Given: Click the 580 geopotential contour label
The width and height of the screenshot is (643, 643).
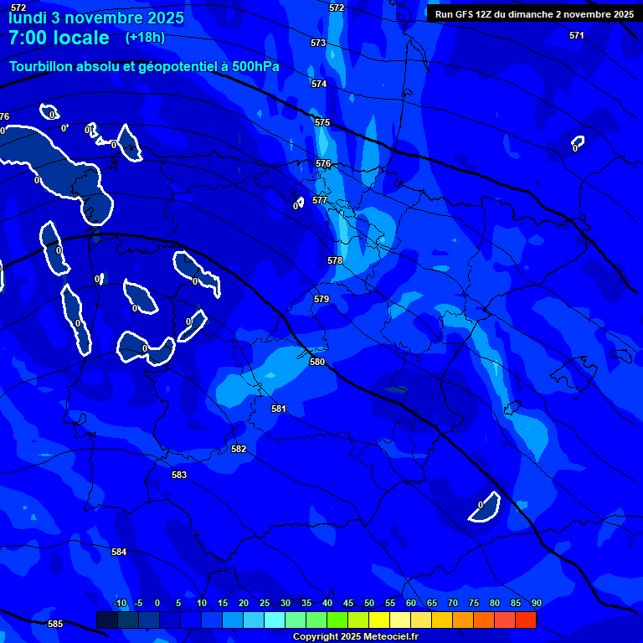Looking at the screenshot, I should pyautogui.click(x=316, y=363).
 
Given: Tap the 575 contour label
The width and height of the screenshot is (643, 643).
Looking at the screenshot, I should pyautogui.click(x=322, y=123).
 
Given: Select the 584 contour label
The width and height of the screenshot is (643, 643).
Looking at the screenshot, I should pyautogui.click(x=119, y=552).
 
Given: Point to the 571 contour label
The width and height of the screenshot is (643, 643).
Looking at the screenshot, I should pyautogui.click(x=576, y=35).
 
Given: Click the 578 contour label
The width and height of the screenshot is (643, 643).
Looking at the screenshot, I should pyautogui.click(x=335, y=260).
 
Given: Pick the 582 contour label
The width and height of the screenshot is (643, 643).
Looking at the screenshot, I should pyautogui.click(x=239, y=450).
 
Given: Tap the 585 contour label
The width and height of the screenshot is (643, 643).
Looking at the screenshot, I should pyautogui.click(x=55, y=624).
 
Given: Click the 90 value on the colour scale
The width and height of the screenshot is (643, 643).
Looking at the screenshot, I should pyautogui.click(x=536, y=603).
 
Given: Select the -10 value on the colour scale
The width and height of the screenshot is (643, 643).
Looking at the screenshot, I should pyautogui.click(x=119, y=603).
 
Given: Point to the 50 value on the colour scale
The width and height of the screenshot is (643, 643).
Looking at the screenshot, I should pyautogui.click(x=368, y=603).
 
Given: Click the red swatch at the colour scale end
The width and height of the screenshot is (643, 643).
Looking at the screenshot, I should pyautogui.click(x=526, y=620).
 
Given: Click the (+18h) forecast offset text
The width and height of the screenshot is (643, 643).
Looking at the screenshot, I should pyautogui.click(x=145, y=37).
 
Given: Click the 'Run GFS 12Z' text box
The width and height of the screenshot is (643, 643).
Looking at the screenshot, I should pyautogui.click(x=533, y=14).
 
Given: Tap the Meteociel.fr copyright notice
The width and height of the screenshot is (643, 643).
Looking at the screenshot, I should pyautogui.click(x=355, y=637).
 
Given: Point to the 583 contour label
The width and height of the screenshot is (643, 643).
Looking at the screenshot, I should pyautogui.click(x=179, y=475).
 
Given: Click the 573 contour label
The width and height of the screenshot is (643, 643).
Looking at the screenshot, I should pyautogui.click(x=317, y=43).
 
